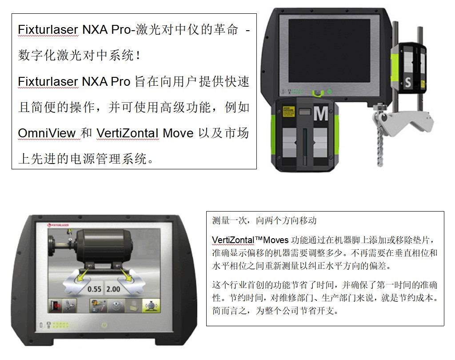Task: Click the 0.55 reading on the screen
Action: coord(94,289)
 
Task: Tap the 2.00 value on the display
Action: coord(113,289)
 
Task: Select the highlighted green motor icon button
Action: coord(151,306)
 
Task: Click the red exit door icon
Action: coord(55,306)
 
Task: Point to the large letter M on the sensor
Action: coord(321,113)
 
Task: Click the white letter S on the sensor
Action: coord(408,82)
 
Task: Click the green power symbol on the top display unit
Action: coord(329,92)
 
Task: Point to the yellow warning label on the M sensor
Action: coord(288,112)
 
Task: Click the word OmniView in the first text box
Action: coord(47,133)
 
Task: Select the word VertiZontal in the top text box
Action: coord(128,133)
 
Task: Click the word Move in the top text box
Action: coord(178,133)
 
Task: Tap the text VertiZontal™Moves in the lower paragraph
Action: coord(250,240)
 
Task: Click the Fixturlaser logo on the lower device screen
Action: coord(58,225)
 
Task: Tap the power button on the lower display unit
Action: coord(104,325)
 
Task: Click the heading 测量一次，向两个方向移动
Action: coord(264,220)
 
